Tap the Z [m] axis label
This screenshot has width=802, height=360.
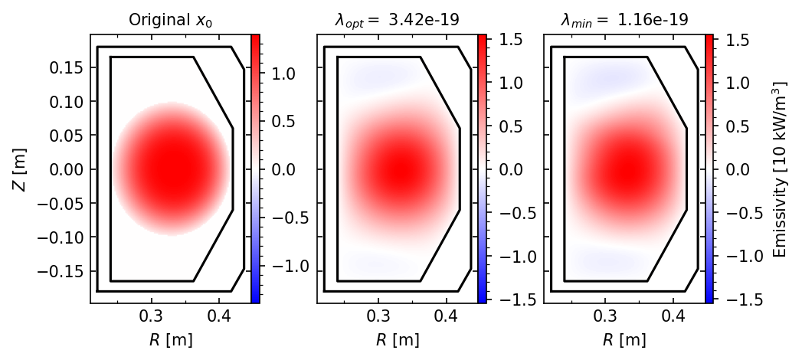pos(19,169)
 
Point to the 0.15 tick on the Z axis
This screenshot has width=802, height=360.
pos(67,67)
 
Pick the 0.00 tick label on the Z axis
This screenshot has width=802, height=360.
pos(67,169)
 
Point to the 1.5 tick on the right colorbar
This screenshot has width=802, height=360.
pos(735,40)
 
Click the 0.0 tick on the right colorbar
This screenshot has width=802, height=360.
pos(735,169)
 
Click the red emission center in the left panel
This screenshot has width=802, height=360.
pos(171,169)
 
